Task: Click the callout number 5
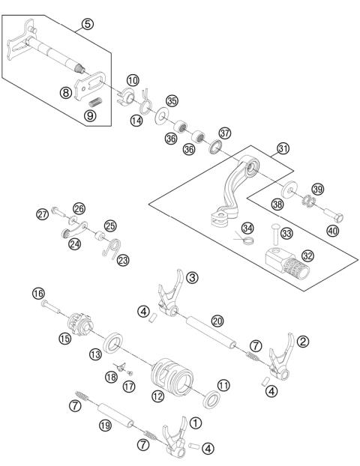(88, 24)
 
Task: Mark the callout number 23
(122, 260)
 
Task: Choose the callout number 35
(172, 100)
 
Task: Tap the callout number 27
(42, 214)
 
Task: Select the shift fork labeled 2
(280, 359)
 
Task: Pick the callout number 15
(64, 339)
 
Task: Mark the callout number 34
(247, 228)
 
